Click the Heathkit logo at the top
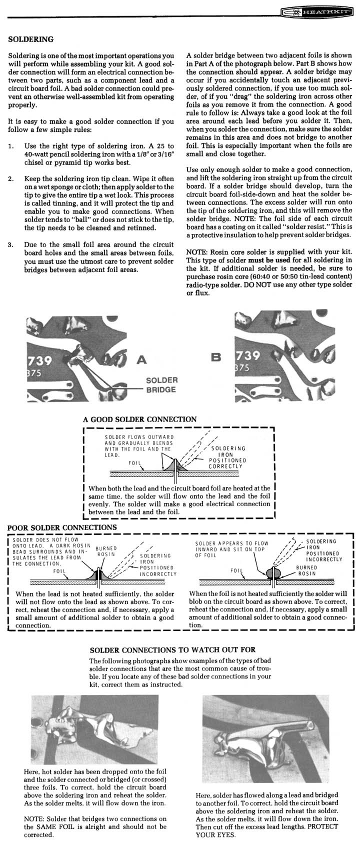[x=320, y=12]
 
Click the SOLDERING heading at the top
[x=31, y=39]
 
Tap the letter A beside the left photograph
[x=141, y=359]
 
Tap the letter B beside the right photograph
[x=216, y=357]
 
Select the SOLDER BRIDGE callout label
[x=161, y=384]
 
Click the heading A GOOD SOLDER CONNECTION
[x=139, y=419]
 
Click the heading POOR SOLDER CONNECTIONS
[x=62, y=527]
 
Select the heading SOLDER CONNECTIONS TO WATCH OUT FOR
[x=172, y=649]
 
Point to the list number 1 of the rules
[x=11, y=146]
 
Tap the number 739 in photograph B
[x=248, y=355]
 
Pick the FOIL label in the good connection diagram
[x=134, y=463]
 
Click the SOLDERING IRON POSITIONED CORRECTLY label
[x=227, y=457]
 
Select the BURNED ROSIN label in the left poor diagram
[x=106, y=551]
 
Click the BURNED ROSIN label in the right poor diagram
[x=306, y=570]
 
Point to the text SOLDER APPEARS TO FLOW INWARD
[x=232, y=546]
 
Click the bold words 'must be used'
[x=269, y=260]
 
